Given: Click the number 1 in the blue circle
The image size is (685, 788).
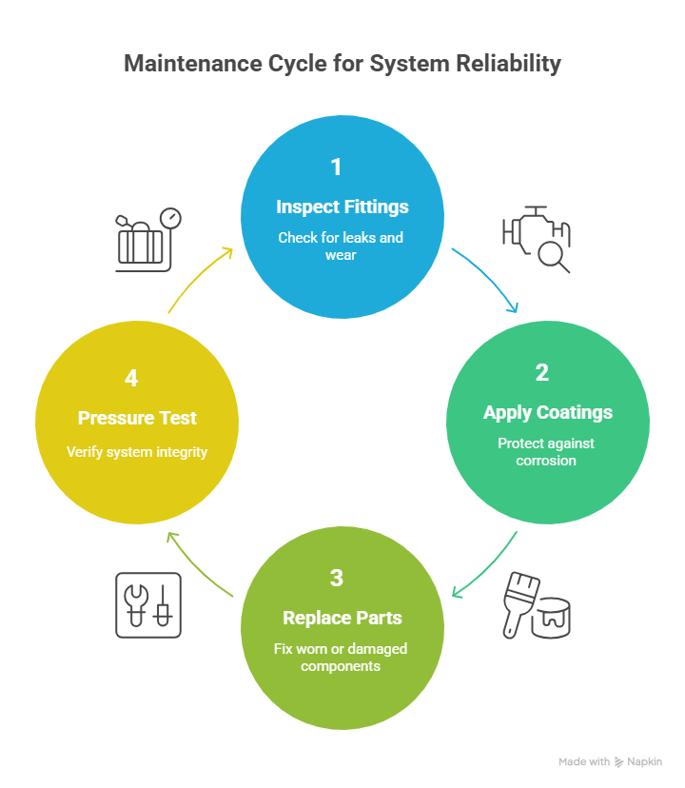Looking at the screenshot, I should (336, 167).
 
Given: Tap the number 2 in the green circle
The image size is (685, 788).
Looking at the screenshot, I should (542, 372).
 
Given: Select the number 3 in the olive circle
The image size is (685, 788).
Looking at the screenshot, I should (336, 578).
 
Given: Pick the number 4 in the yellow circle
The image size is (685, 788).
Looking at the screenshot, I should (131, 378).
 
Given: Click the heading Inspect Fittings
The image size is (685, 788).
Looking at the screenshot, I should (342, 207).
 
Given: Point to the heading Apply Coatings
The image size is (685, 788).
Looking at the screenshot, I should (547, 412).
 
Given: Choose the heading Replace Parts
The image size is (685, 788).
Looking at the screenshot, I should (342, 618).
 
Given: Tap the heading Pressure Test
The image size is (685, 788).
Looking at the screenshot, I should (137, 418).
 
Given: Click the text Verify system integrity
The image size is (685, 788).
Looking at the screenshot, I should (137, 452).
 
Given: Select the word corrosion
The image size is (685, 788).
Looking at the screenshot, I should (547, 461).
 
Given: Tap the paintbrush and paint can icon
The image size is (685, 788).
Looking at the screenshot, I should (537, 605).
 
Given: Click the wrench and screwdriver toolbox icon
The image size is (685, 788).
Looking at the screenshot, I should (148, 604).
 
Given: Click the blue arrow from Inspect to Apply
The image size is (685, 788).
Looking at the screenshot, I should (487, 282).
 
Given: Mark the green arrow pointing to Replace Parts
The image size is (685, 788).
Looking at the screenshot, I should (485, 567).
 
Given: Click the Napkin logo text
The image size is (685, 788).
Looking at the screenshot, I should (644, 762).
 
